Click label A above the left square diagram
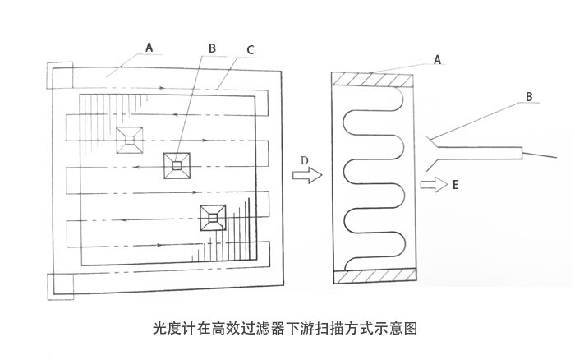[x=149, y=48]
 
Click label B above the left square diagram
[x=212, y=49]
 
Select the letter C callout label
[x=250, y=49]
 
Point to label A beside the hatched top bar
[x=438, y=59]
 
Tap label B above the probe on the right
[x=530, y=96]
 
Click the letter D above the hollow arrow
[x=305, y=158]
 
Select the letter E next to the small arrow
[x=455, y=187]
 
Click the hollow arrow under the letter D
[x=306, y=175]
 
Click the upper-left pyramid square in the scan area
[x=130, y=139]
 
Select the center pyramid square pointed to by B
[x=177, y=165]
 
